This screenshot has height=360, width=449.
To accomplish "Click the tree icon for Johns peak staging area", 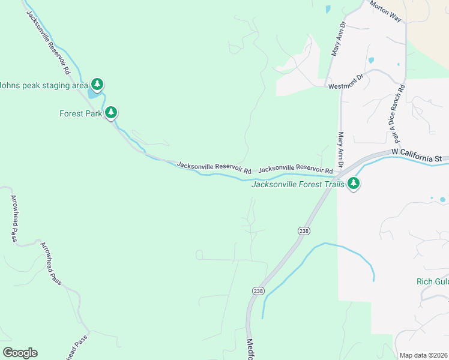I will (97, 84).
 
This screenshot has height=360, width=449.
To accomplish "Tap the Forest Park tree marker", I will (110, 112).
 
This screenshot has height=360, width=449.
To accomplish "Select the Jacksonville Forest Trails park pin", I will (354, 184).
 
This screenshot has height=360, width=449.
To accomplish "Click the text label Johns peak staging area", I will (43, 85).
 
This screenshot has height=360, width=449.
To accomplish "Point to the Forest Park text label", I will (80, 113).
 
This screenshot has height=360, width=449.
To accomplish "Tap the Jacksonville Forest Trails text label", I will (298, 184).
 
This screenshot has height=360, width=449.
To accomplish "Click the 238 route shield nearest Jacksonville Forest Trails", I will (304, 230).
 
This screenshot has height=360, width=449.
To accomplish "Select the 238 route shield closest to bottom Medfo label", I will (258, 290).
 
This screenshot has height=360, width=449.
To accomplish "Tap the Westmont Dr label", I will (346, 86).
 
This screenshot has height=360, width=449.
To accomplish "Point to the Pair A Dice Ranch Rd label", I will (396, 111).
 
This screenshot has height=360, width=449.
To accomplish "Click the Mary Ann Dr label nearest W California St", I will (340, 150).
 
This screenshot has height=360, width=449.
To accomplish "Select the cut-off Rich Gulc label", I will (432, 281).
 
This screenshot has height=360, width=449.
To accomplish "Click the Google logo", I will (20, 352).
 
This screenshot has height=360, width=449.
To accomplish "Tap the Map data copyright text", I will (423, 355).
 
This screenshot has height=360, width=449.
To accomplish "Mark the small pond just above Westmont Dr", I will (370, 60).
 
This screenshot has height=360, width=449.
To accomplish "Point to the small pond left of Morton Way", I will (327, 9).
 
